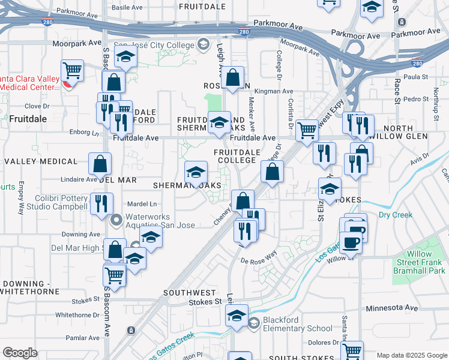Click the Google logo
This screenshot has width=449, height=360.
(x=20, y=353)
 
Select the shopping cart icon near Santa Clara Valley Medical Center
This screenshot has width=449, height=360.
(x=72, y=71)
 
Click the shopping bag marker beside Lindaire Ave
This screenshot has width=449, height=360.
(x=100, y=163)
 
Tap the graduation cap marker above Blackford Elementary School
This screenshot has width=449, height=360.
(x=237, y=315)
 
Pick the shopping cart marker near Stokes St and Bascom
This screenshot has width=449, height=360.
(x=114, y=275)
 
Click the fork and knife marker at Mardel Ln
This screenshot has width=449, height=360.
(x=101, y=203)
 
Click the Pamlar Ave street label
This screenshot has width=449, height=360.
(x=83, y=338)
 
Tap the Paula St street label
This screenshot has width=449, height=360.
(x=415, y=77)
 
